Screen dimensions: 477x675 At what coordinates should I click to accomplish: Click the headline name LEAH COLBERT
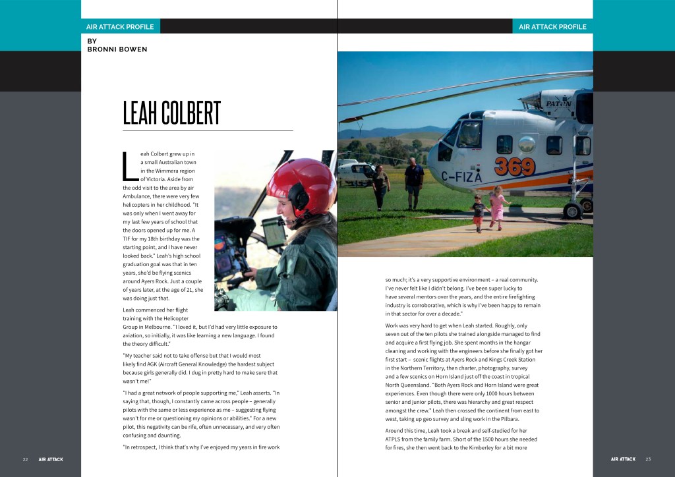click(x=172, y=113)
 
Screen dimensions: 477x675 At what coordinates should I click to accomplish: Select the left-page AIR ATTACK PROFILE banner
click(x=120, y=27)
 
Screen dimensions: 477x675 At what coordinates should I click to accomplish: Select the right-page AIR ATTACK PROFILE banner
click(x=552, y=27)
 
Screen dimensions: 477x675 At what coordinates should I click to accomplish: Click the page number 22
click(x=25, y=459)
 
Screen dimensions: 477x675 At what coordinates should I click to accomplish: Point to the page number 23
click(x=648, y=459)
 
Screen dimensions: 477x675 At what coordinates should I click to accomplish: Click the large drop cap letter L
click(x=129, y=167)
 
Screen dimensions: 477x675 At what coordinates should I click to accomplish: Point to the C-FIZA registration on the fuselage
click(x=461, y=176)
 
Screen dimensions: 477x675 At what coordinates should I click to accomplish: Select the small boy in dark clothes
click(x=479, y=213)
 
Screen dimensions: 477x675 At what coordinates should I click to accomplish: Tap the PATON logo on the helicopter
click(x=558, y=104)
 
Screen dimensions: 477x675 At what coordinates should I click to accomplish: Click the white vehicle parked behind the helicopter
click(x=357, y=173)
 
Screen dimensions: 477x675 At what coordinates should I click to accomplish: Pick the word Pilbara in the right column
click(x=507, y=419)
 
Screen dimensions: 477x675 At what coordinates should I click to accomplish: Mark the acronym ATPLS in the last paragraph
click(x=396, y=439)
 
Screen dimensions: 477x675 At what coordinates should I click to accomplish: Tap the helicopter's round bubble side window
click(x=527, y=144)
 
